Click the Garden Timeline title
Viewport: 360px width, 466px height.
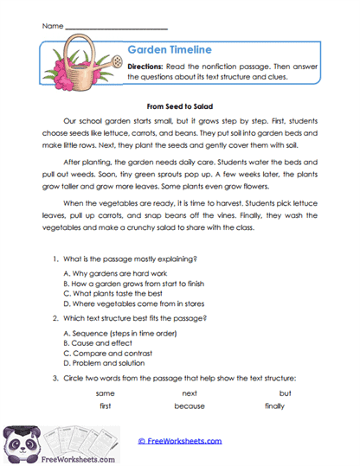[x=169, y=50]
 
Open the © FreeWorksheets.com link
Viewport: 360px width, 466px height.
[x=180, y=441]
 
